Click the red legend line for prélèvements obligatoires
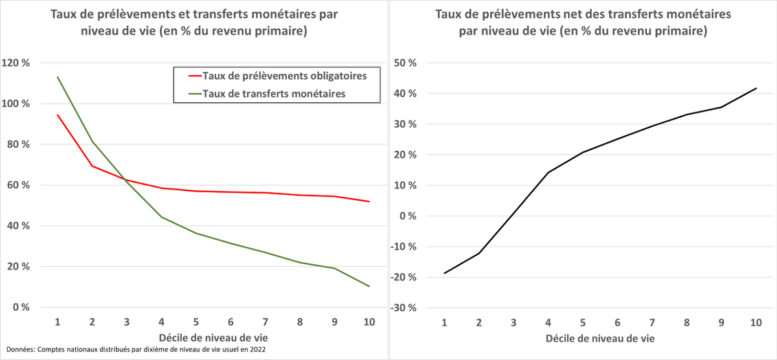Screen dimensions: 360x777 tap(188, 76)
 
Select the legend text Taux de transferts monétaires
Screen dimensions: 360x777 tap(274, 93)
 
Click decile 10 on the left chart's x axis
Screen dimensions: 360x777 tap(368, 322)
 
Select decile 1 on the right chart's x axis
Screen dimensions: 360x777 tap(444, 322)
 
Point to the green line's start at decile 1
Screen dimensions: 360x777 tap(58, 77)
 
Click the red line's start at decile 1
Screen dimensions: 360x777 tap(58, 115)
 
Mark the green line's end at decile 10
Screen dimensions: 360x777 tap(369, 286)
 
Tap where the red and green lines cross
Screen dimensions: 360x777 tap(123, 179)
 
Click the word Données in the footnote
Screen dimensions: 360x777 tap(18, 350)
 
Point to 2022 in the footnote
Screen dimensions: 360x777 tap(257, 350)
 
